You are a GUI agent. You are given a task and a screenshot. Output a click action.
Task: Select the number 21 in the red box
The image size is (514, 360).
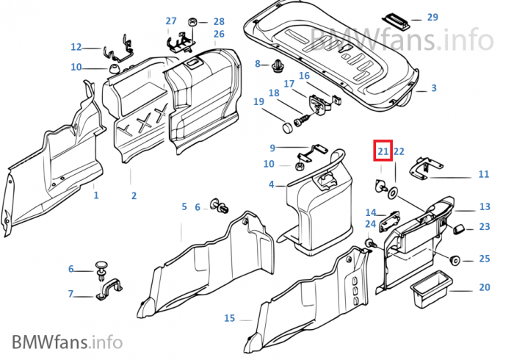[x=383, y=151]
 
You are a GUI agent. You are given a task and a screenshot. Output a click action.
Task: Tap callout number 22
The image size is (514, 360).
[x=399, y=151]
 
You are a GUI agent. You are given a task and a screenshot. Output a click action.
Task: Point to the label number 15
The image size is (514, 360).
[x=230, y=318]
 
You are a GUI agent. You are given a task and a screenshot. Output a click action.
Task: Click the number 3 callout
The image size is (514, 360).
[x=433, y=88]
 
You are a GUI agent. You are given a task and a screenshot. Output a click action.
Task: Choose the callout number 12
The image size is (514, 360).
[x=76, y=47]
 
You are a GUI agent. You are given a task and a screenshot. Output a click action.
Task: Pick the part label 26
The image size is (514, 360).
[x=219, y=35]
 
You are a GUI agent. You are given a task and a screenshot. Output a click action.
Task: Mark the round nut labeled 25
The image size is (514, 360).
[x=455, y=259]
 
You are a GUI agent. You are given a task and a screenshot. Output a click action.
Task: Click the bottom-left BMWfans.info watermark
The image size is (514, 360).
[x=66, y=342]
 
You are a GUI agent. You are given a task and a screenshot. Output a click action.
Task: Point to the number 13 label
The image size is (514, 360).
[x=485, y=207]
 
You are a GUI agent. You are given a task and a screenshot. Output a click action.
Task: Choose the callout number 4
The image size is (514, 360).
[x=272, y=184]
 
